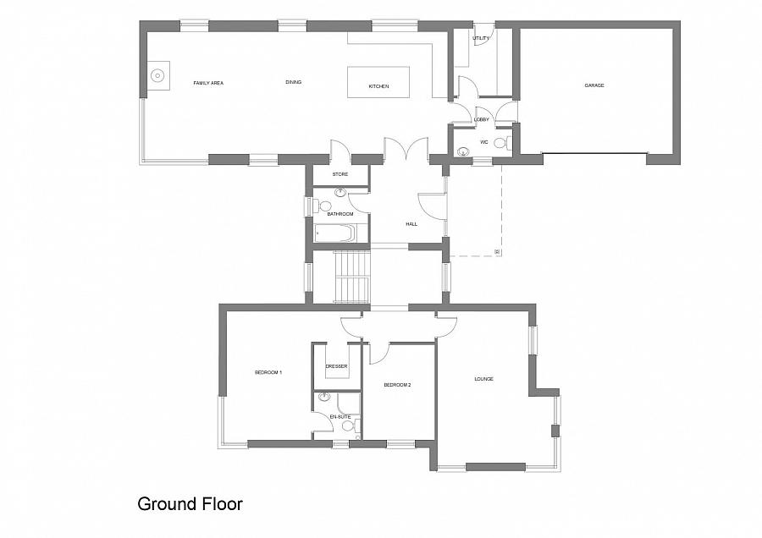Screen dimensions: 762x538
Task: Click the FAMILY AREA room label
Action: tap(208, 83)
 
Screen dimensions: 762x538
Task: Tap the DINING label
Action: tap(294, 82)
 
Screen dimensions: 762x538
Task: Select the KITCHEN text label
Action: tap(378, 86)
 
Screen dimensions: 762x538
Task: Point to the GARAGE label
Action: tap(594, 85)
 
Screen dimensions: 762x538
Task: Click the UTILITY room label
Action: tap(481, 38)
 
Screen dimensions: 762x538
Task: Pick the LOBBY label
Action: tap(482, 119)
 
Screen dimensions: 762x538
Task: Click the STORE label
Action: tap(340, 173)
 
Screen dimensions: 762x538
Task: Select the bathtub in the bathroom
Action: tap(335, 233)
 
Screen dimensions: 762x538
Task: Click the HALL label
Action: tap(411, 224)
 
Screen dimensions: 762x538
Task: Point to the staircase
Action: tap(352, 277)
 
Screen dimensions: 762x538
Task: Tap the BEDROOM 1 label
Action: tap(268, 372)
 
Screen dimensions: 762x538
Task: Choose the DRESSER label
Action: tap(337, 366)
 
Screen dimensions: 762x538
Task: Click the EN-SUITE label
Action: tap(340, 416)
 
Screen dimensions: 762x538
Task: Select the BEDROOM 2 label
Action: tap(398, 385)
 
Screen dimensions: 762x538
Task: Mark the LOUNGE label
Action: tap(484, 379)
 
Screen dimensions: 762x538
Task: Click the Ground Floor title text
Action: tap(190, 504)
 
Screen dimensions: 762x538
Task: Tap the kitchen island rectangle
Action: tap(378, 83)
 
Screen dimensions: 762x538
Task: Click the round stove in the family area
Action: tap(157, 76)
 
